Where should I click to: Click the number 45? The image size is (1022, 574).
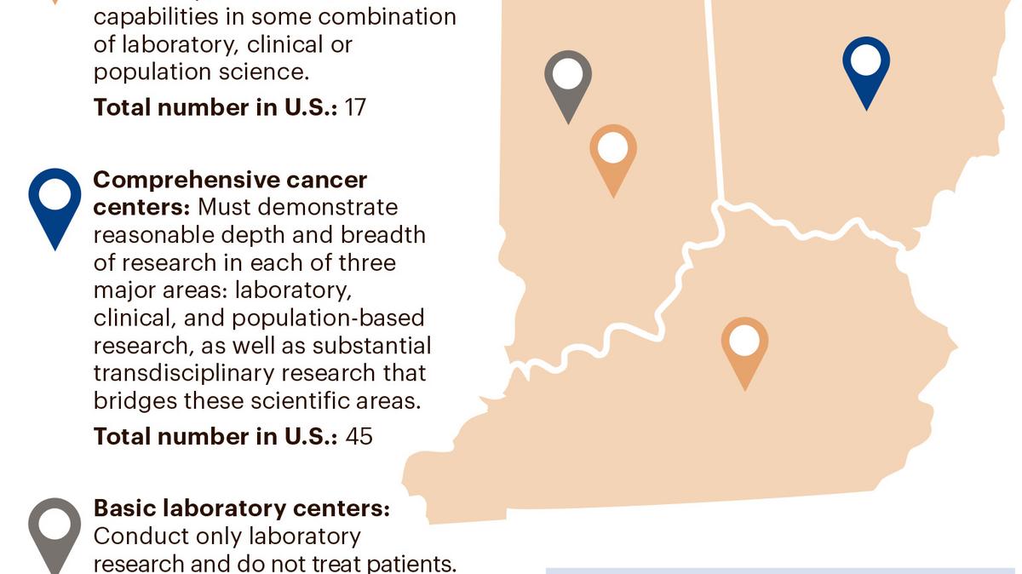[x=359, y=436]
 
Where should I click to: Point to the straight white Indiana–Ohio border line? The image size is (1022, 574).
[x=716, y=102]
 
